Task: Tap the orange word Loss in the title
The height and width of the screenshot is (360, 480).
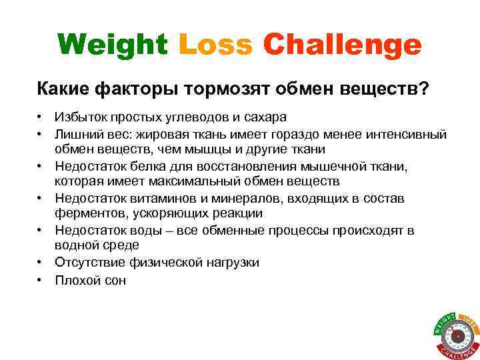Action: pyautogui.click(x=216, y=45)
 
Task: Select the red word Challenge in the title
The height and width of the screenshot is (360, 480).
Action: pyautogui.click(x=343, y=45)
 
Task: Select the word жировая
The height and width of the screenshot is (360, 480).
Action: pyautogui.click(x=161, y=134)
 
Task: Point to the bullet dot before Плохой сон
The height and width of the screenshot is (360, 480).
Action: pyautogui.click(x=41, y=279)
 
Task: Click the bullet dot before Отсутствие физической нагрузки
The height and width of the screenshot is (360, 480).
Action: pyautogui.click(x=41, y=262)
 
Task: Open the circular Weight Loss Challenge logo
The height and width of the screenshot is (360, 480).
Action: pyautogui.click(x=457, y=333)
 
